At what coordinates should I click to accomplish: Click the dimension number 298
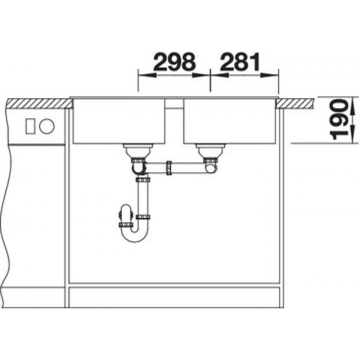pos(175,62)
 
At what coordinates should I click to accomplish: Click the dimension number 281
pos(240,62)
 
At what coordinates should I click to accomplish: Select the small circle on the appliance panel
pos(47,126)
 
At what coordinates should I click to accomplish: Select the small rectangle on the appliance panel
pos(30,126)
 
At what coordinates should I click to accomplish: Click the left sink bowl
pos(119,121)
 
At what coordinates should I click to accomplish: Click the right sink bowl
pos(229,121)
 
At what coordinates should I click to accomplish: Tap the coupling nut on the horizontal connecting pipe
pos(169,168)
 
